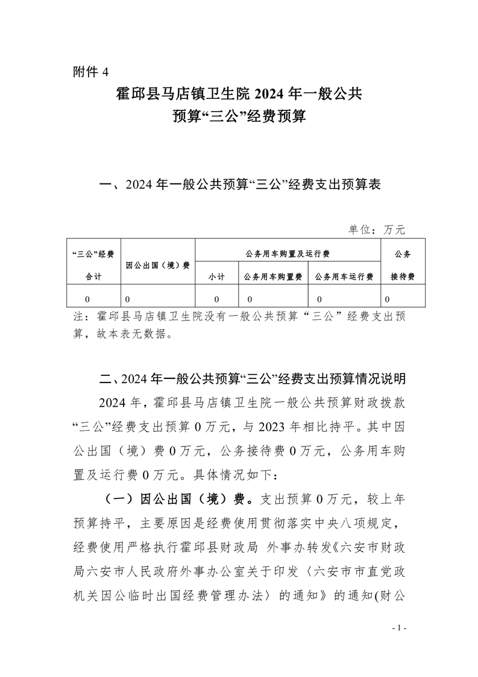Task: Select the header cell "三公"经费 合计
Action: coord(93,264)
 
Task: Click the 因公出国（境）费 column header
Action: coord(158,265)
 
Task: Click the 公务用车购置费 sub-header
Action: coord(272,277)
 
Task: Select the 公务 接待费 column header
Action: coord(403,264)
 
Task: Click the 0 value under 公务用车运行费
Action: coord(319,299)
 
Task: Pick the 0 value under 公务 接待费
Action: coord(387,299)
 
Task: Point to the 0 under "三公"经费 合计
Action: coord(88,299)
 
